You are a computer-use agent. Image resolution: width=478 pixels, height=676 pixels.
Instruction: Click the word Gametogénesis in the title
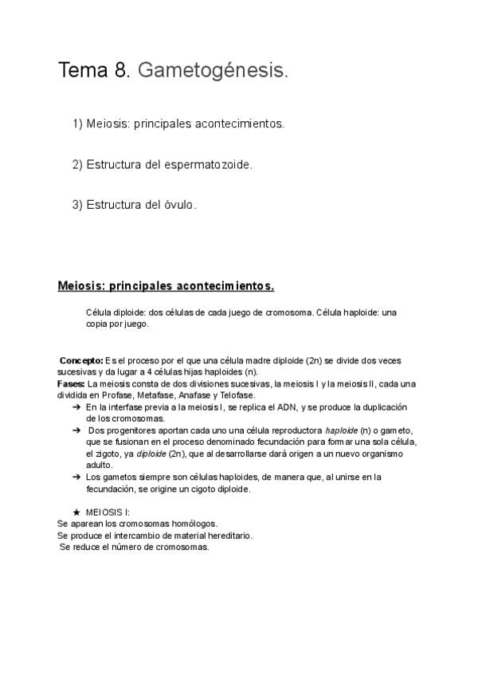213,72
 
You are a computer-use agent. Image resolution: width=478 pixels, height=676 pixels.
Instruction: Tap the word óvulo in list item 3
178,205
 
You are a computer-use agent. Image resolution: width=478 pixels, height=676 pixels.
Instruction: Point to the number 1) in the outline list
77,124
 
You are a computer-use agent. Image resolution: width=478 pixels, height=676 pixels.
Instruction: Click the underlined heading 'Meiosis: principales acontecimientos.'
166,285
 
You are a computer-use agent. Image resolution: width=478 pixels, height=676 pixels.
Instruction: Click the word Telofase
236,395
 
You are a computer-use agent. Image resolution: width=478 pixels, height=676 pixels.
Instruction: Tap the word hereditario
228,536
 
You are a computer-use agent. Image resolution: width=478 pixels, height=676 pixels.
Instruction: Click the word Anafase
198,395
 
